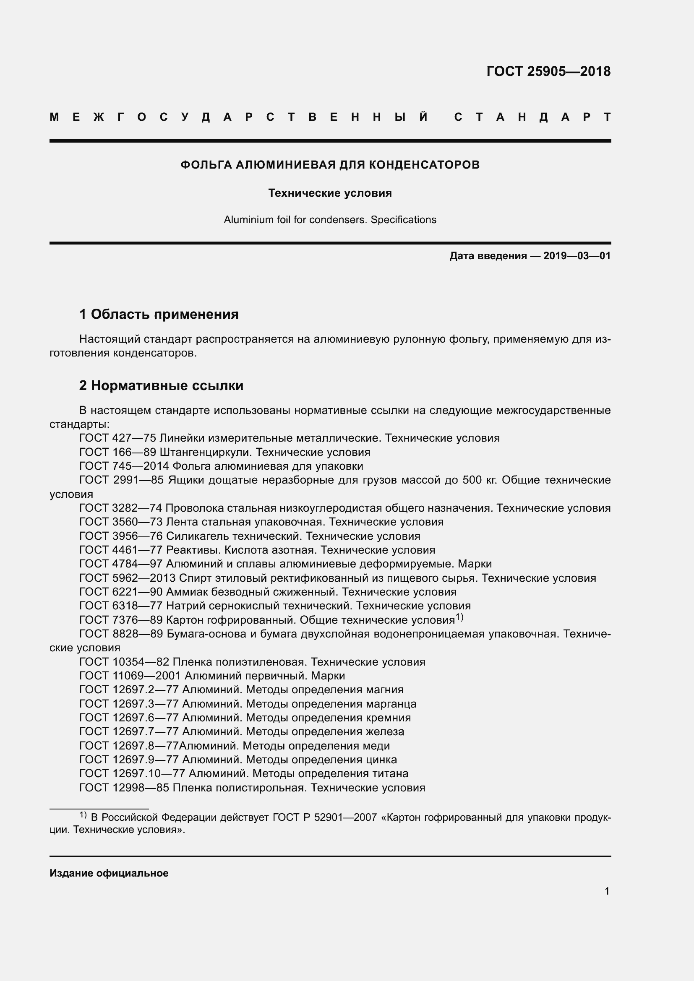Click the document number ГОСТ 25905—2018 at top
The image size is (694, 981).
click(548, 71)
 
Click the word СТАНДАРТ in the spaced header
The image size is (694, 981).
click(532, 117)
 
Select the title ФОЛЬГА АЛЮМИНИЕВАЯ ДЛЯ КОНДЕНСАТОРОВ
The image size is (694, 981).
click(330, 165)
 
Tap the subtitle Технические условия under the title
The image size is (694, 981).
click(330, 193)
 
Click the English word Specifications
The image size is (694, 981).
click(403, 220)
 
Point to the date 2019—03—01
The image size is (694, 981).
click(577, 256)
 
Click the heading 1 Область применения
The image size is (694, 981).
click(159, 315)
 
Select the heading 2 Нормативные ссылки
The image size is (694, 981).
click(161, 386)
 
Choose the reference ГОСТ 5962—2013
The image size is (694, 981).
click(128, 578)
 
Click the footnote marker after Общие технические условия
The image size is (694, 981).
click(459, 617)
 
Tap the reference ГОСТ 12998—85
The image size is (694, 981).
click(124, 788)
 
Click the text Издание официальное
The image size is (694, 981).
click(109, 873)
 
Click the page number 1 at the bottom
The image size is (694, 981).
click(607, 891)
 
